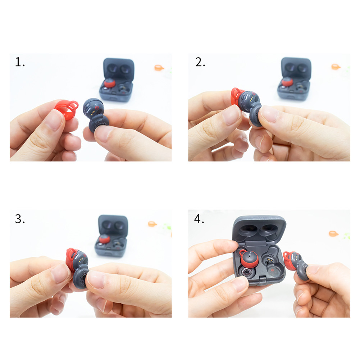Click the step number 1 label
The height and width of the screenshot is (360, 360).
point(20,62)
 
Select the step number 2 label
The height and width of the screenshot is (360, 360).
point(200,62)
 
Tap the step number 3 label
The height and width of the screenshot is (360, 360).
point(20,219)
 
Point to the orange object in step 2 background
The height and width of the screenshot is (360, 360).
point(336,67)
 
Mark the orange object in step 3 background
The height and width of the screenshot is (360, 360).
point(152,224)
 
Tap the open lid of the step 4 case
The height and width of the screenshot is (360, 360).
point(259,229)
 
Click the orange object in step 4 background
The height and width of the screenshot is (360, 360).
point(333,233)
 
